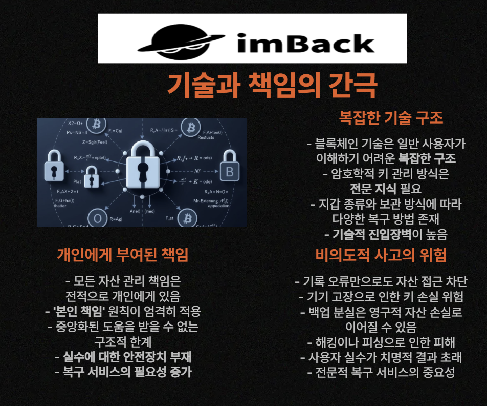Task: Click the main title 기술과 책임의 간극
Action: pyautogui.click(x=272, y=86)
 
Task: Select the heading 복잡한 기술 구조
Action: pyautogui.click(x=391, y=118)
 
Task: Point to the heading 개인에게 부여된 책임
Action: pyautogui.click(x=122, y=255)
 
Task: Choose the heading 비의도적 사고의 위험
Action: pyautogui.click(x=381, y=255)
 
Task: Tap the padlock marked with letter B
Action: pyautogui.click(x=230, y=170)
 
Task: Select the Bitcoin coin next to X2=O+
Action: pyautogui.click(x=96, y=124)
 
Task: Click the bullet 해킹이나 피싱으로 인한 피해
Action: pyautogui.click(x=381, y=342)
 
